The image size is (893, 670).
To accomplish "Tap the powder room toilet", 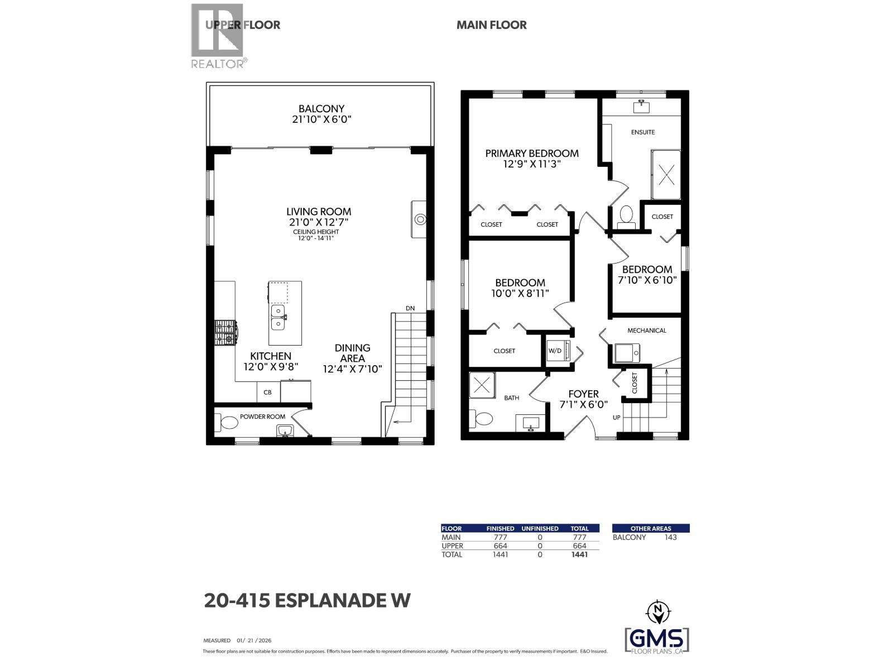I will click(228, 423).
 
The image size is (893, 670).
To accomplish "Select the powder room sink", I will click(285, 430).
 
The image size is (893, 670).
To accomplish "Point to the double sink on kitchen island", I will click(278, 317).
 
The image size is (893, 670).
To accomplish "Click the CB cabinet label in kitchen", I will click(267, 393).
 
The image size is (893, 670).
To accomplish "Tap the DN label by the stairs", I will click(410, 308).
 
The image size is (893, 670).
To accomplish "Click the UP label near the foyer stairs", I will click(616, 418).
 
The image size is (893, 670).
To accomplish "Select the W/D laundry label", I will click(555, 351).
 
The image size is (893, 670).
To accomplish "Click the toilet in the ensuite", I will click(626, 216).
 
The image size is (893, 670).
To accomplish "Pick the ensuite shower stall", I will click(666, 175).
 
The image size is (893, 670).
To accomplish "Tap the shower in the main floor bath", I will click(482, 385).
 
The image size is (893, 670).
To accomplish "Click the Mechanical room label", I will click(646, 331).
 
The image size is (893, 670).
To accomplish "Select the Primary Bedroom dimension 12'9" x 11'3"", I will click(531, 164).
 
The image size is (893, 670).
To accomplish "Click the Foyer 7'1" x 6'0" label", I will click(583, 399).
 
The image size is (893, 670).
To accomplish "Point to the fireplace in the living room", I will click(419, 219).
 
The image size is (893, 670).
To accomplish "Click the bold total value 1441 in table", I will click(579, 554).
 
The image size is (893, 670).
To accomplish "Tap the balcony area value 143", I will click(670, 537).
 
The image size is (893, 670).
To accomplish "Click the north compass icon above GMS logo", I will click(658, 612).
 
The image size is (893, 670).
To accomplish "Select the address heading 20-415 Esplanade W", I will click(307, 601).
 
